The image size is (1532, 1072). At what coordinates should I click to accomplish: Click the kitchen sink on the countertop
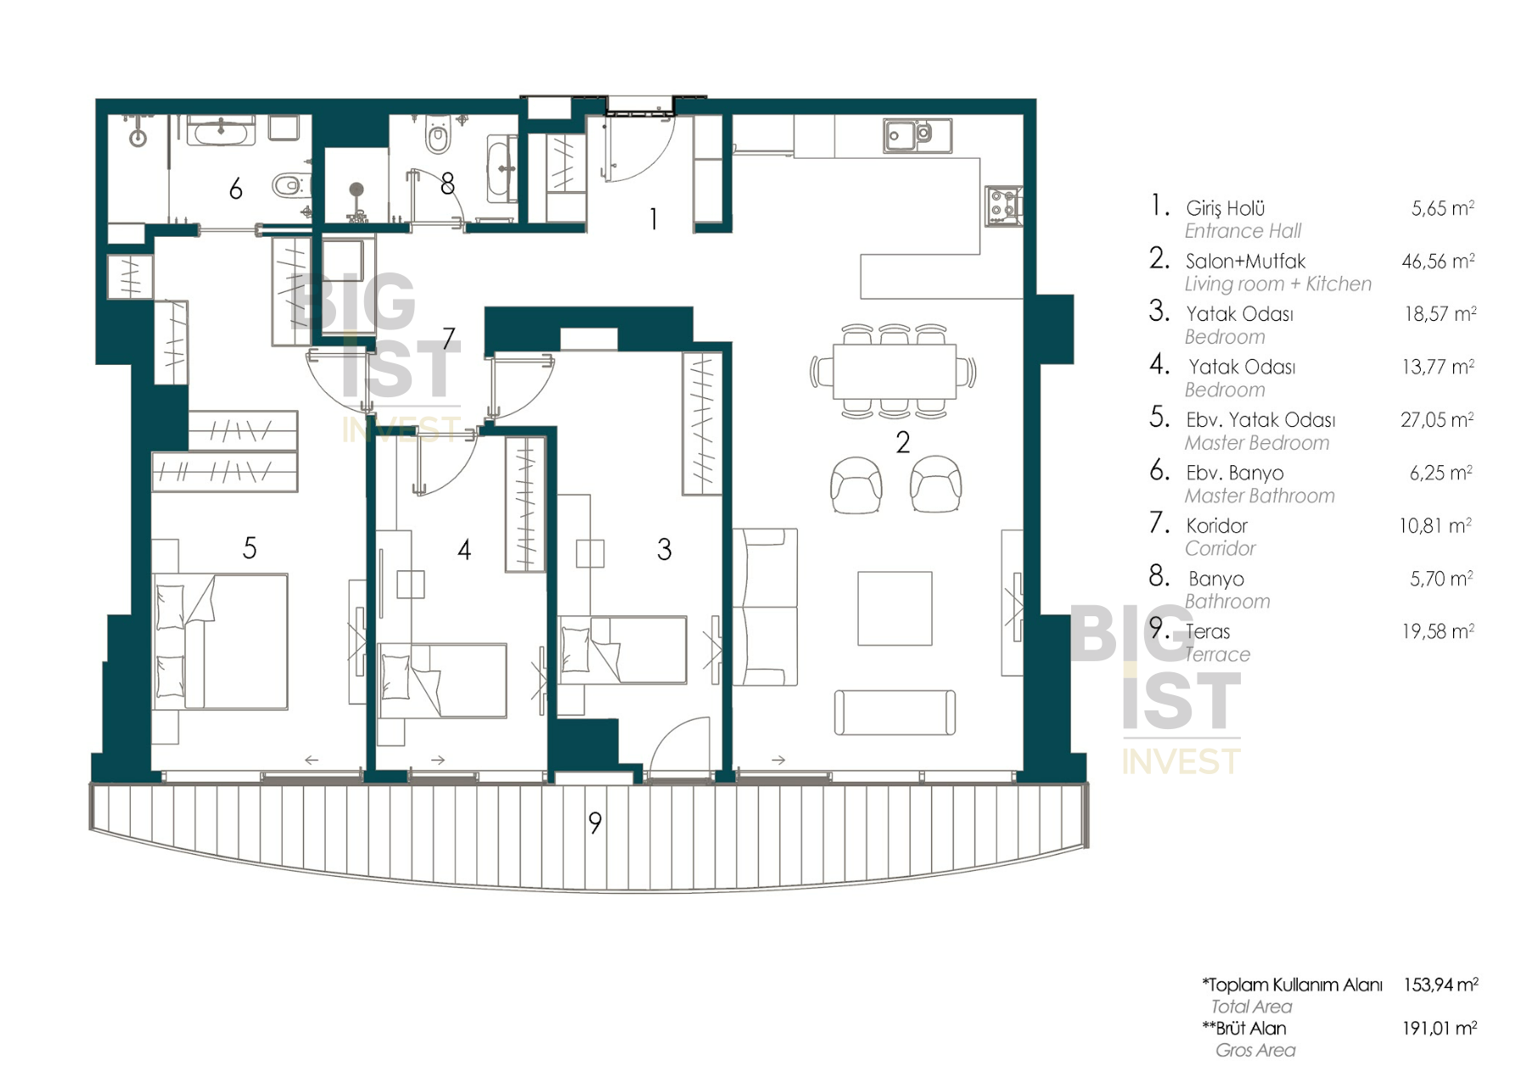tap(917, 135)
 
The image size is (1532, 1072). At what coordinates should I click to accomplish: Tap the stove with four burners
tap(1003, 206)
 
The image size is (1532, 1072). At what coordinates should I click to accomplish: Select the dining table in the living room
tap(894, 371)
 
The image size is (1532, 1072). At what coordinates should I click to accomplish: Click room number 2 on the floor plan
tap(902, 442)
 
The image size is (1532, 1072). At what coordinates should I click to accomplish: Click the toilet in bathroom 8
tap(438, 136)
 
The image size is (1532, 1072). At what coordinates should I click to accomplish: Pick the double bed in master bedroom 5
tap(220, 641)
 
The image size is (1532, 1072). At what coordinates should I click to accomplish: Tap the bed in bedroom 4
tap(442, 681)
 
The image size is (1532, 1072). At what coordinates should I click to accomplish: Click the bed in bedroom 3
tap(622, 649)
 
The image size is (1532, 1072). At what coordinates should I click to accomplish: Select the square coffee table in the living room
tap(895, 608)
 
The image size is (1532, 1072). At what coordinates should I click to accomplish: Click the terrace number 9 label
tap(595, 822)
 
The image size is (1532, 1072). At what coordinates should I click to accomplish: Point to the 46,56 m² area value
tap(1438, 261)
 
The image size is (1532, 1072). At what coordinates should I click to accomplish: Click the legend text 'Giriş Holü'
tap(1225, 208)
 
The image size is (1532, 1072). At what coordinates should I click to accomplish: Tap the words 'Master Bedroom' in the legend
tap(1257, 442)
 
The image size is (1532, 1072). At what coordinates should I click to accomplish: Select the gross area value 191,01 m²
tap(1439, 1028)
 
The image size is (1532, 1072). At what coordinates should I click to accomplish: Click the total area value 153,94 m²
tap(1440, 985)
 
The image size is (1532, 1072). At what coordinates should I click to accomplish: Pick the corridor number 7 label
tap(449, 339)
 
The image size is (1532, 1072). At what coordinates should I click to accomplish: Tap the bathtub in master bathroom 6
tap(221, 132)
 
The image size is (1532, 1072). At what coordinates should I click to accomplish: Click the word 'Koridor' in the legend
tap(1216, 525)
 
